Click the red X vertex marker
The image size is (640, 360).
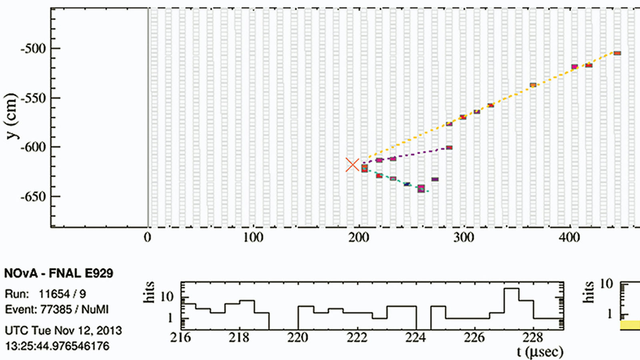coord(352,165)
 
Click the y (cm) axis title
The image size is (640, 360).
coord(12,116)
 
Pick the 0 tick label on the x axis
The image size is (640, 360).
coord(148,238)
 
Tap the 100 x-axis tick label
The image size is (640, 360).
coord(253,238)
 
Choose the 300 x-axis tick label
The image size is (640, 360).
coord(464,238)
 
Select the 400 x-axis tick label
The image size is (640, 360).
coord(569,238)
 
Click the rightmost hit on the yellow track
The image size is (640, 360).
coord(617,53)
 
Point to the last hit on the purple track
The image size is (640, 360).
coord(449,148)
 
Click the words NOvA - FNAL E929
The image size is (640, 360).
coord(58,274)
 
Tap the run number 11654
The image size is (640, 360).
coord(55,294)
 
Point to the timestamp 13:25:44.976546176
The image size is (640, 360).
coord(57,346)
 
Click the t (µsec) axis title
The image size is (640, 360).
coord(540,352)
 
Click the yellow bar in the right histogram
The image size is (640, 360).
coord(630,325)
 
